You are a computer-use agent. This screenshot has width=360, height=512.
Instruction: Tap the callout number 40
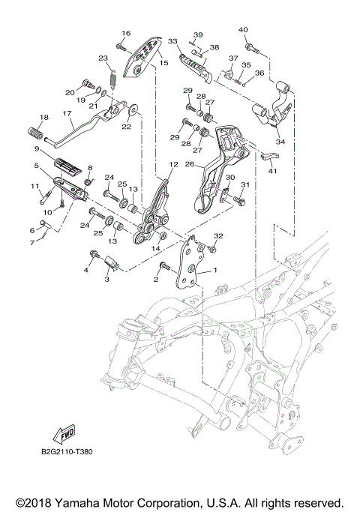(x=242, y=30)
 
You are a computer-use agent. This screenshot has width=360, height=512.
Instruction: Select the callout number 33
(x=172, y=42)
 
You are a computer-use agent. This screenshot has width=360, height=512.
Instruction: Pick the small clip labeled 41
(x=269, y=157)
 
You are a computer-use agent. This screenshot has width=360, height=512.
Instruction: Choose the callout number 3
(x=106, y=278)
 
